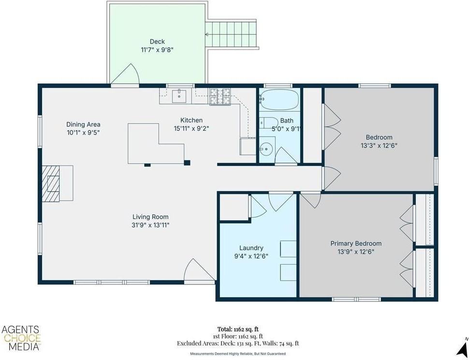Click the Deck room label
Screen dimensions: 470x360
[x=157, y=42]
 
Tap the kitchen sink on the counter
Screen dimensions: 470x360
[x=179, y=96]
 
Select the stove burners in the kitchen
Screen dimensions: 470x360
[x=220, y=97]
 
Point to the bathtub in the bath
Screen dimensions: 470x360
[x=279, y=100]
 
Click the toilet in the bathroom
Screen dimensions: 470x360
[x=268, y=123]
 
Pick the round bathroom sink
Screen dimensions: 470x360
[x=265, y=149]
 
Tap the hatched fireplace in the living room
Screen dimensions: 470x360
[x=51, y=183]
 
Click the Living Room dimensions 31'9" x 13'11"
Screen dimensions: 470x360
[x=151, y=225]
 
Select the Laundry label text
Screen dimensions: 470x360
[x=251, y=248]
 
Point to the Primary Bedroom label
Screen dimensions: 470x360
[x=356, y=243]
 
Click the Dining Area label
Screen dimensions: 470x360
[x=83, y=124]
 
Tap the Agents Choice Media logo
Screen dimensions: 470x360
[x=21, y=338]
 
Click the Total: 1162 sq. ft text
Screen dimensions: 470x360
[x=238, y=330]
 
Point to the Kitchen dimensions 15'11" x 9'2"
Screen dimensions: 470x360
[x=191, y=128]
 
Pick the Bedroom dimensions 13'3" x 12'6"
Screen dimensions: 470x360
[x=379, y=146]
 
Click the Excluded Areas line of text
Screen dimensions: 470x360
[x=238, y=344]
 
